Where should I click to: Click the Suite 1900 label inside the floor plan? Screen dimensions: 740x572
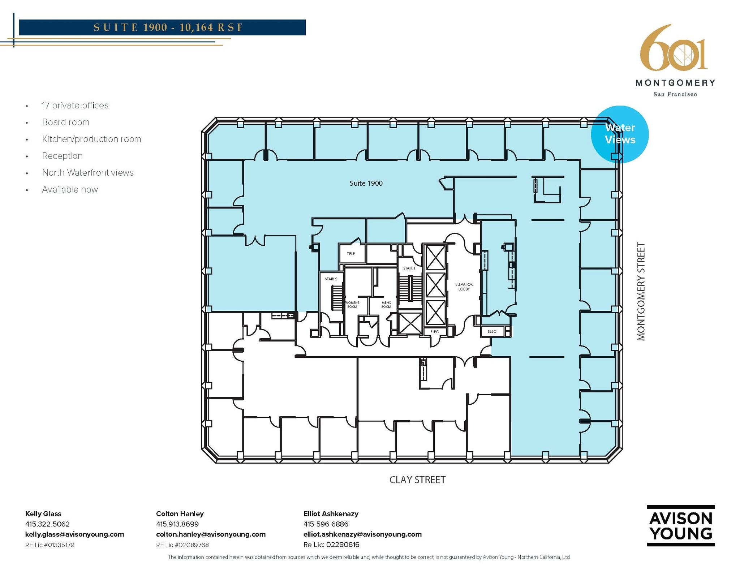coord(366,183)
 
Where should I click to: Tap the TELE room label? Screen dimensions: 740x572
coord(351,254)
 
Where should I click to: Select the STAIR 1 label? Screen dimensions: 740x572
coord(409,268)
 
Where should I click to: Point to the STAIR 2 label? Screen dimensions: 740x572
coord(331,279)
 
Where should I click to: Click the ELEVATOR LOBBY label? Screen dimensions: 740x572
coord(464,287)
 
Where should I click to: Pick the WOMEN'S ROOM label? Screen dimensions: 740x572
coord(352,305)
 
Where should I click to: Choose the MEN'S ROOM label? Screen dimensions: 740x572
coord(386,305)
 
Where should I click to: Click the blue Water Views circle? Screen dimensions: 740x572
coord(620,134)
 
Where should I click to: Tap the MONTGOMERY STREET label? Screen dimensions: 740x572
coord(641,291)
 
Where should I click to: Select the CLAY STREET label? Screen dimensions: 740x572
coord(417,480)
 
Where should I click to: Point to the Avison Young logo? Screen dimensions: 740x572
coord(681,526)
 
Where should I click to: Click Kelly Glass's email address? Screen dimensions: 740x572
coord(75,534)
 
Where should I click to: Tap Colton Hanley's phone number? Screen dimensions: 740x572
coord(177,524)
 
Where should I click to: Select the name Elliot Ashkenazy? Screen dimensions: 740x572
coord(331,514)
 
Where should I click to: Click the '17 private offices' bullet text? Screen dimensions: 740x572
coord(75,106)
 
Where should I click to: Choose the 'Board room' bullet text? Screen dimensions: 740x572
coord(66,122)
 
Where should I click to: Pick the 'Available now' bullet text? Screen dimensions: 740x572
coord(70,189)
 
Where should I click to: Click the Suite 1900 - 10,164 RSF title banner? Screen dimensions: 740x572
coord(162,27)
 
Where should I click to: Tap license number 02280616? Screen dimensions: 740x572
coord(343,545)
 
